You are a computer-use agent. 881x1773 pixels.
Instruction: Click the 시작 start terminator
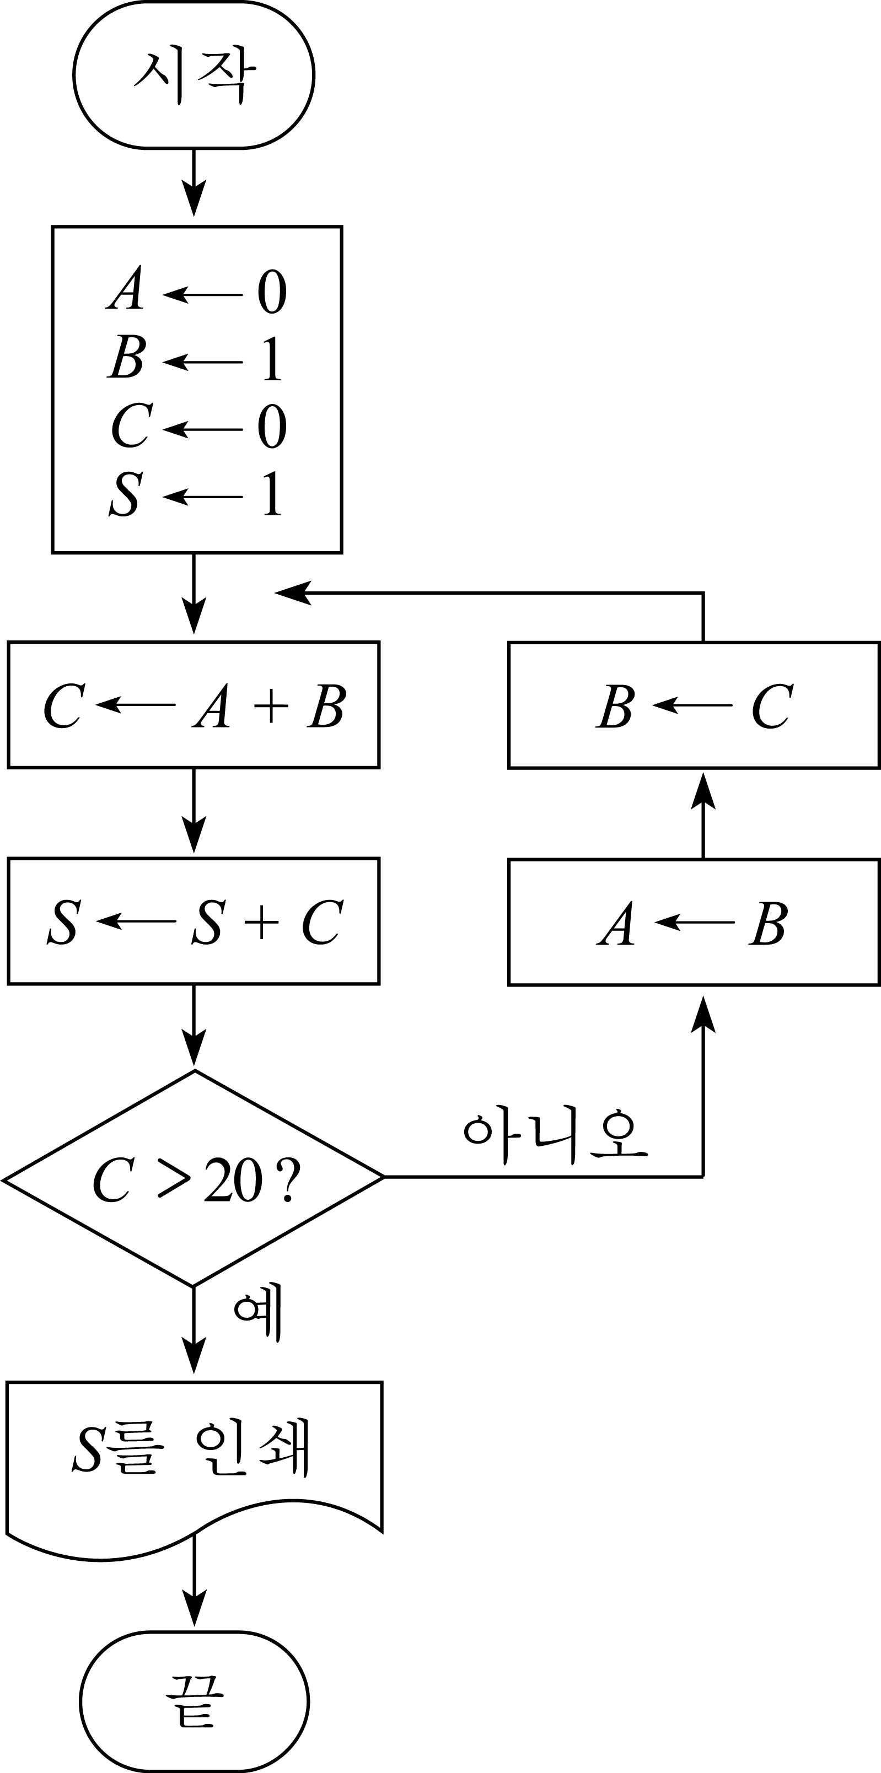point(194,74)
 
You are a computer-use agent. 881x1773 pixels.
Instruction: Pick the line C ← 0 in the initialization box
point(198,426)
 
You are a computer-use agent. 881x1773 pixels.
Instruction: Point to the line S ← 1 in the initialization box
point(196,493)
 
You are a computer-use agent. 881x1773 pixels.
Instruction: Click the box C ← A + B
point(194,704)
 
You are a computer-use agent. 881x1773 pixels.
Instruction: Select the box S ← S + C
point(194,921)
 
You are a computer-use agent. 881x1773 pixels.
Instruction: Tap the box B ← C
point(694,705)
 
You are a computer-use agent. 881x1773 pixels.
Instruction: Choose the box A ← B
point(694,922)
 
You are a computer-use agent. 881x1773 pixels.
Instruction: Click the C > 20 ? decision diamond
point(194,1178)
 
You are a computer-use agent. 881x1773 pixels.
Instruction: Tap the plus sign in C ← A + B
point(271,705)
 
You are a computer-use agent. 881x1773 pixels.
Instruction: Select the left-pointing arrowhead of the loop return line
point(293,592)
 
